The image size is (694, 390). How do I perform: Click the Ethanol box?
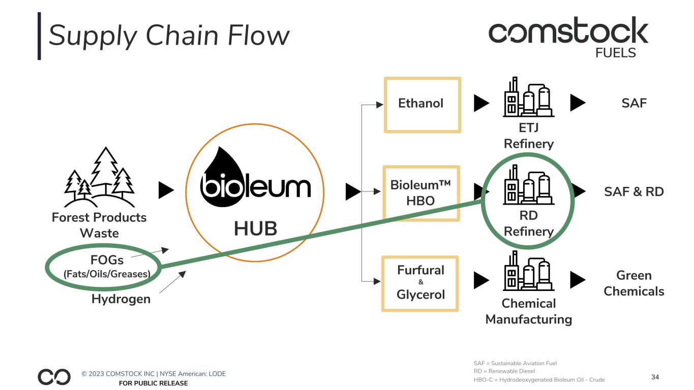422,105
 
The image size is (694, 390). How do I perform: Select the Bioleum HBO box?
420,192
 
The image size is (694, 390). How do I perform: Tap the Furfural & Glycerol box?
420,283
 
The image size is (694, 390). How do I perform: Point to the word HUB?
255,229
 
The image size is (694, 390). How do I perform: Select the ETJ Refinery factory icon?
529,97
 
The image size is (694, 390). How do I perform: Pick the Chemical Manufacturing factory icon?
529,271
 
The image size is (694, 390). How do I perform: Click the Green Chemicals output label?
633,283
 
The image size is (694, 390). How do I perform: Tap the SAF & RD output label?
633,192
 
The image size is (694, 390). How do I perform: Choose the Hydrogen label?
121,299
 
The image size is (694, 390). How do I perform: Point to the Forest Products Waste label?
99,225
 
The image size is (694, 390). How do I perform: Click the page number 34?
655,377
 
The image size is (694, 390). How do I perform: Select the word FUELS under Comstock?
615,52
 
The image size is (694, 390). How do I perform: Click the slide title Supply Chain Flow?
169,36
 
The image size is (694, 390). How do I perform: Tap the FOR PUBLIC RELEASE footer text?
153,383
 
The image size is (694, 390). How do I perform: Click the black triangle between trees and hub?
166,190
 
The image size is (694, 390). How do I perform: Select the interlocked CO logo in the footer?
54,377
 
